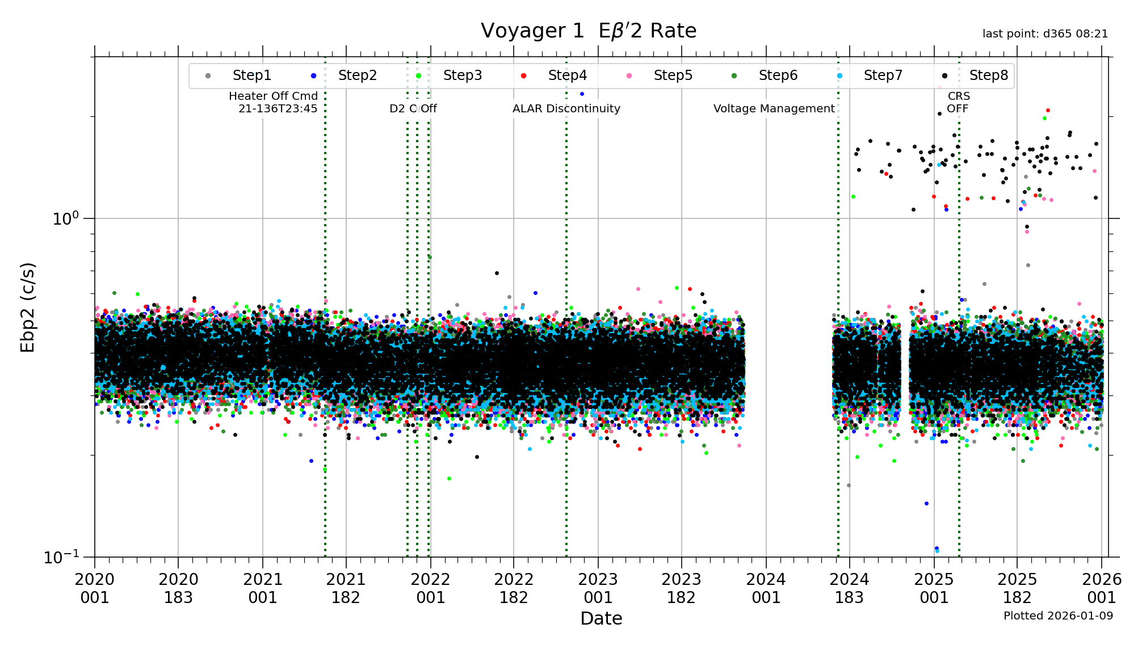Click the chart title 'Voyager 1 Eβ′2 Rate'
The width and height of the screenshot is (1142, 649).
[588, 31]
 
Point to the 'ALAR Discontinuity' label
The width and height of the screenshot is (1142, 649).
[566, 108]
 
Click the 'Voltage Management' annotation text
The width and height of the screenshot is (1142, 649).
[774, 108]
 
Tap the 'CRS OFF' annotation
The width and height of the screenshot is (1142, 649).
[958, 102]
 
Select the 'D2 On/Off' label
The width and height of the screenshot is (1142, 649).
[413, 108]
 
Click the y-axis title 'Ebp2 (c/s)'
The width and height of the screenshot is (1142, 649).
[28, 307]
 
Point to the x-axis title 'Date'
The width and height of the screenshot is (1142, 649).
[601, 618]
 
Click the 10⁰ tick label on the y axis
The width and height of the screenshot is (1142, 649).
[65, 218]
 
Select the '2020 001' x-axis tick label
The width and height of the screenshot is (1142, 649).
[94, 588]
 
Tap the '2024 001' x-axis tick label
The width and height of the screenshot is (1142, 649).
[766, 588]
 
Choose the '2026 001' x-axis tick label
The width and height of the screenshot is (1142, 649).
[1102, 588]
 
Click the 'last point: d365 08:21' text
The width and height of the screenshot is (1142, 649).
[1045, 34]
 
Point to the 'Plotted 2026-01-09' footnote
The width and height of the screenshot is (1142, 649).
[1058, 616]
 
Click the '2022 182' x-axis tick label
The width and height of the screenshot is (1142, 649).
[514, 588]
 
